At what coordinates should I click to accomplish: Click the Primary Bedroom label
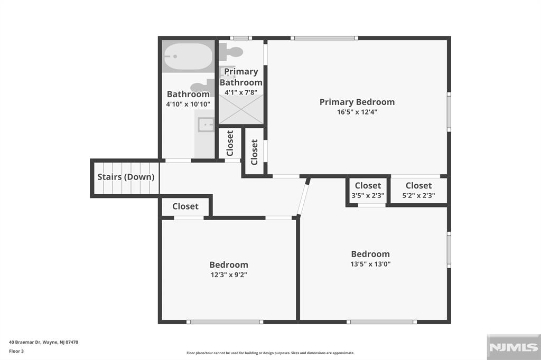(357, 102)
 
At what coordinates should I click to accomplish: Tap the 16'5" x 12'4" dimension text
(357, 112)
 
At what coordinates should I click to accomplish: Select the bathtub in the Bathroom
(188, 56)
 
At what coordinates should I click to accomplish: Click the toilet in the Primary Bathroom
(231, 52)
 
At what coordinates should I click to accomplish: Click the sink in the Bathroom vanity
(205, 125)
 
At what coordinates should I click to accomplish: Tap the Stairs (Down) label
(126, 177)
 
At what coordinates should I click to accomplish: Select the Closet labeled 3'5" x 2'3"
(368, 190)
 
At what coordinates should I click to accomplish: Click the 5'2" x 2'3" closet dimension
(418, 195)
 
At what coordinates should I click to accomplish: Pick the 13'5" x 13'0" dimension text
(370, 264)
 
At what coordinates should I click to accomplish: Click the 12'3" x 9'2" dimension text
(228, 274)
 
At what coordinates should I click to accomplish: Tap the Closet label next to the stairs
(185, 206)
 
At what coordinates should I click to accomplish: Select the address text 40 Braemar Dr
(43, 342)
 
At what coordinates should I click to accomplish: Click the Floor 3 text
(16, 350)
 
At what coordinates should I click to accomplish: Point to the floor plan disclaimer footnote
(270, 353)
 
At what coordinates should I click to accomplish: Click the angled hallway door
(303, 197)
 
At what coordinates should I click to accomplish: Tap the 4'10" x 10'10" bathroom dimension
(188, 105)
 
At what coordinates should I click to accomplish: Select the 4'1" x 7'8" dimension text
(241, 92)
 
